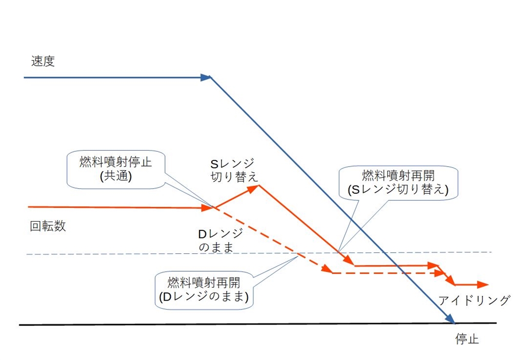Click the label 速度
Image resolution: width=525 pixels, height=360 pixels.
click(43, 62)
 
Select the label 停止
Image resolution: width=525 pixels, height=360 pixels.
click(467, 339)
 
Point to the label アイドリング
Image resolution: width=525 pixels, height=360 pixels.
click(474, 301)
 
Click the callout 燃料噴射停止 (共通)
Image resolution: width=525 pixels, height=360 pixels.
click(116, 168)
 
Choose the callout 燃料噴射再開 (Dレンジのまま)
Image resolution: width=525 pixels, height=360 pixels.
click(204, 290)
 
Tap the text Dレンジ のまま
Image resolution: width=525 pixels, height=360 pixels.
click(221, 240)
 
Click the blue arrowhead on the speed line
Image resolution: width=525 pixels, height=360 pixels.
click(206, 77)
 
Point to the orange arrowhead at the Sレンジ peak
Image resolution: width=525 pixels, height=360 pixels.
click(254, 187)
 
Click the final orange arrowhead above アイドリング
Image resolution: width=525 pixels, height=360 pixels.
click(483, 284)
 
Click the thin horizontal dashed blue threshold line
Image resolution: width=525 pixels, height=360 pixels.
click(154, 254)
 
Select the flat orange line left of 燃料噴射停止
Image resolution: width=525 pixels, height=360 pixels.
click(118, 207)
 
